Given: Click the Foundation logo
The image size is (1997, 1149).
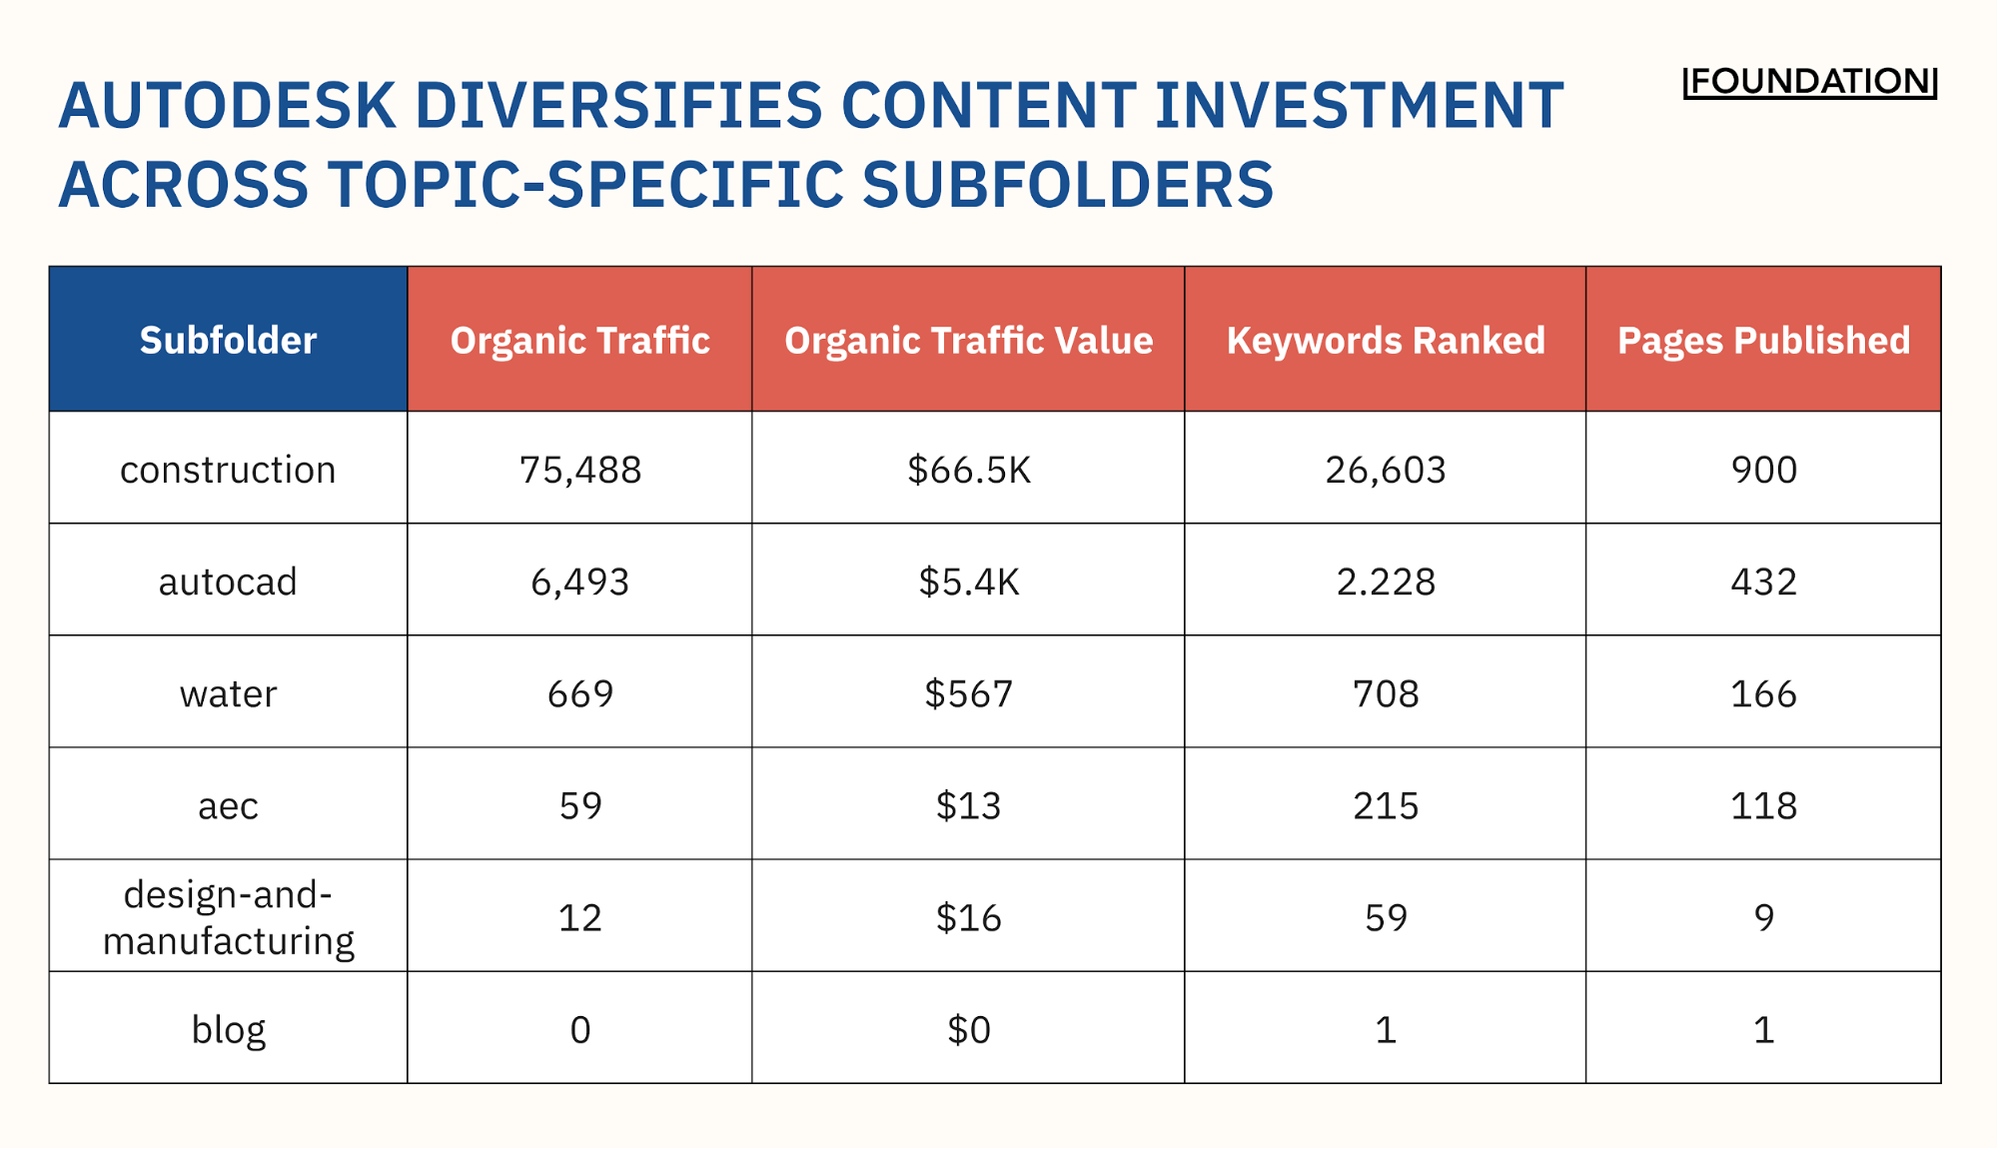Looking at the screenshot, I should point(1809,82).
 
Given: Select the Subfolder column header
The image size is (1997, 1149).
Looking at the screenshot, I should point(228,341).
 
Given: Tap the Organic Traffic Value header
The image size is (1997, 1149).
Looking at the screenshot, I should point(968,341).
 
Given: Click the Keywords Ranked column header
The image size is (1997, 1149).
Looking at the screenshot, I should point(1385,341).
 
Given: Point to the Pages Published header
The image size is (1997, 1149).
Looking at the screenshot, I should point(1763,341).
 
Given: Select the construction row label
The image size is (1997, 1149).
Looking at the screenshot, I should point(228,470).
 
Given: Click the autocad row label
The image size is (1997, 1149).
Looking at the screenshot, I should point(228,581).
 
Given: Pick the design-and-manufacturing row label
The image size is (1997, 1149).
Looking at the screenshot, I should point(228,917).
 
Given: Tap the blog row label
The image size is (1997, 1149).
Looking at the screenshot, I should point(228,1029).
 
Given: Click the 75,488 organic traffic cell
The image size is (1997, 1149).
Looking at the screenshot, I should point(579,470).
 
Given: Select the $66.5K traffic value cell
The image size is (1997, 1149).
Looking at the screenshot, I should point(968,470).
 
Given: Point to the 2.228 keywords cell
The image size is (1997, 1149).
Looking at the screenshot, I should point(1385,581).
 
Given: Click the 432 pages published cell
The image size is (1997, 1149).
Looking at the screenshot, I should point(1763,581).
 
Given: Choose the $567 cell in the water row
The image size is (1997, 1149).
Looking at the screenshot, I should point(968,693).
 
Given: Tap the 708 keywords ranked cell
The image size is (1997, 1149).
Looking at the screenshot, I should point(1385,693).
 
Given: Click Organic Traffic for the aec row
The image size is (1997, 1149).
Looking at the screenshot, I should point(579,805).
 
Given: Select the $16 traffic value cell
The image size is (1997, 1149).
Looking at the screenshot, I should point(968,917).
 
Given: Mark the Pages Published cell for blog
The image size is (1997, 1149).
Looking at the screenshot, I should point(1763,1029).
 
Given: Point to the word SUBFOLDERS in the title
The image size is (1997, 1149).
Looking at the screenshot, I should point(1067,186).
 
